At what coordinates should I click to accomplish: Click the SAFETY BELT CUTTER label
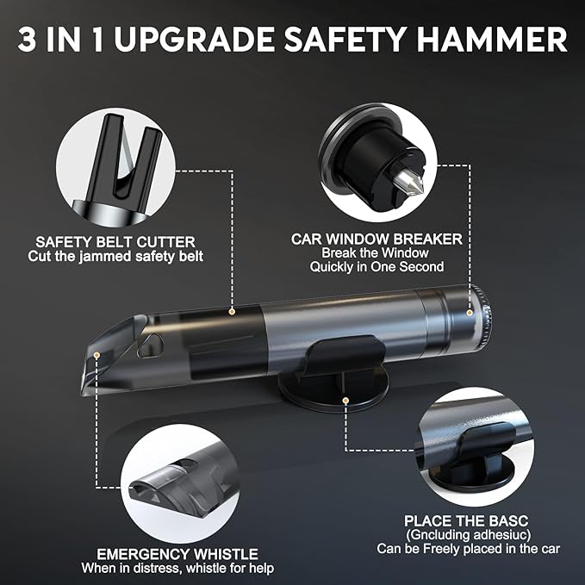115,241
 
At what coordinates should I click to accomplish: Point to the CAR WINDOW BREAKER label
377,238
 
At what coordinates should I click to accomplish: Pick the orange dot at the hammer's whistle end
97,354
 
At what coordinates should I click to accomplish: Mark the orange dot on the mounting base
345,400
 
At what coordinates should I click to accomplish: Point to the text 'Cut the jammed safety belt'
115,257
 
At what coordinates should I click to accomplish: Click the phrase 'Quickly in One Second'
377,267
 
